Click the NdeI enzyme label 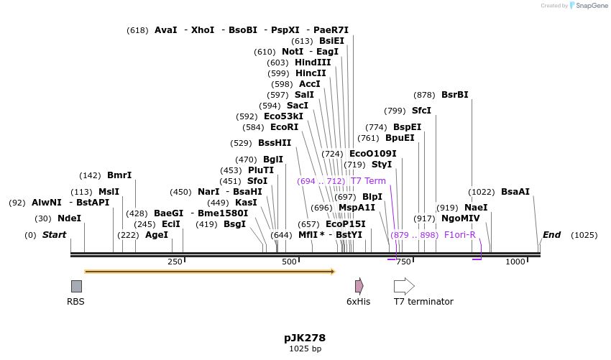tap(69, 218)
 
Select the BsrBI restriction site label tap(454, 95)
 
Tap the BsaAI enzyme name tap(515, 192)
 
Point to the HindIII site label tap(313, 63)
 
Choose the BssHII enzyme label tap(275, 143)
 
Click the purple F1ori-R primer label tap(460, 235)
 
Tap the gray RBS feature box tap(76, 286)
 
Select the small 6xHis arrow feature tap(359, 286)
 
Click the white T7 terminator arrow tap(404, 286)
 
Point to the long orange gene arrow tap(209, 272)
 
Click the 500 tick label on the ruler tap(289, 262)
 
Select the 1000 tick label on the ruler tap(515, 262)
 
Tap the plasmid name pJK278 tap(305, 337)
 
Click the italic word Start tap(54, 235)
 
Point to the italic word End tap(551, 235)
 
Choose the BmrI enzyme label tap(119, 175)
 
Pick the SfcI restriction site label tap(421, 111)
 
